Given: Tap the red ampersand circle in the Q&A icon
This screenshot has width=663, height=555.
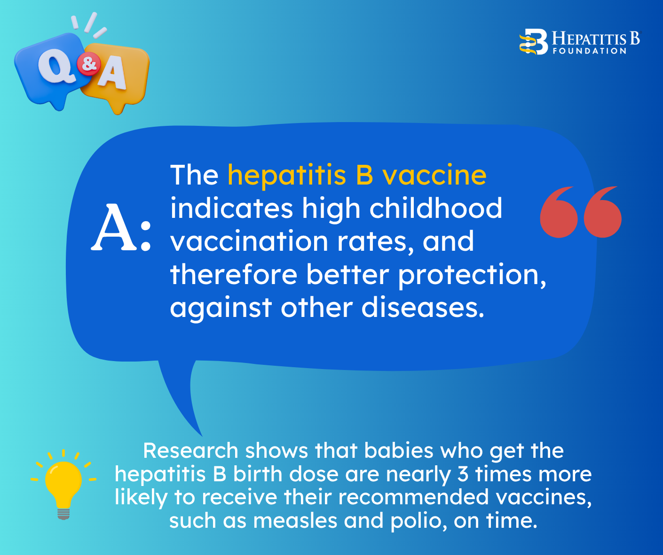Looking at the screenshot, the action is (89, 64).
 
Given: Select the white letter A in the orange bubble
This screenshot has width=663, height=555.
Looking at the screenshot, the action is (112, 73).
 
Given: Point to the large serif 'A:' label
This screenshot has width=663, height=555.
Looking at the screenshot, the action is (121, 227).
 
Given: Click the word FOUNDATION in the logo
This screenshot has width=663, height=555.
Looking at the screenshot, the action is (589, 51).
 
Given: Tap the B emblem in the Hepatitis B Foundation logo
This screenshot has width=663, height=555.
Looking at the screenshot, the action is (534, 41).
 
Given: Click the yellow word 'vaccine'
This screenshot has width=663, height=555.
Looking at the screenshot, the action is (434, 175).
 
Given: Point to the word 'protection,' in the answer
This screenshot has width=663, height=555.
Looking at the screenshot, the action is (472, 275).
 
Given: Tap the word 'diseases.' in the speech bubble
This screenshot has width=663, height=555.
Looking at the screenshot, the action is (423, 307).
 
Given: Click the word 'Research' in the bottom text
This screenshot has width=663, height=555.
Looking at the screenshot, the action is (190, 450).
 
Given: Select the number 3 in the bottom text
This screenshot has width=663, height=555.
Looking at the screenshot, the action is (463, 474).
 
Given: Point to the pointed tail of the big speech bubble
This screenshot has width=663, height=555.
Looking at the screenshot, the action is (202, 436).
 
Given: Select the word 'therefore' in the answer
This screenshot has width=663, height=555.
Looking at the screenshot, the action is (234, 274).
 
